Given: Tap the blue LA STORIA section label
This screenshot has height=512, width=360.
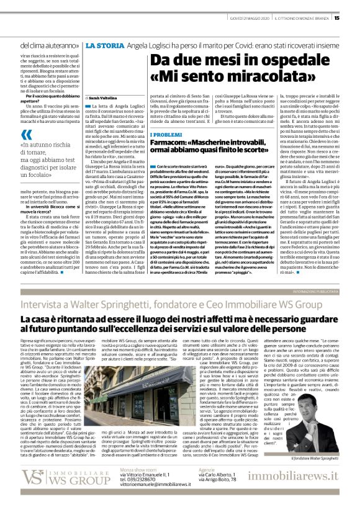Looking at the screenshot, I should tap(102, 46).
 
